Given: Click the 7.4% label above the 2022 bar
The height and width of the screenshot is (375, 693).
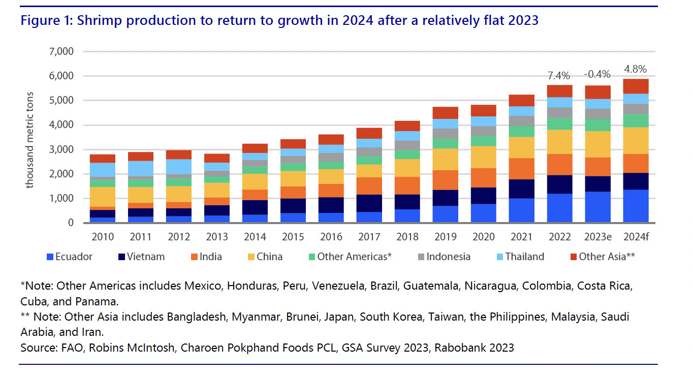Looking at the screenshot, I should (558, 76).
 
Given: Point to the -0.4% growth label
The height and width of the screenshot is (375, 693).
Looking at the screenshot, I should (597, 74).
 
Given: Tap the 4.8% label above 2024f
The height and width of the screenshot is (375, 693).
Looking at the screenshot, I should (636, 69).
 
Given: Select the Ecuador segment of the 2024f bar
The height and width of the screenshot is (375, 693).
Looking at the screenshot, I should (636, 206).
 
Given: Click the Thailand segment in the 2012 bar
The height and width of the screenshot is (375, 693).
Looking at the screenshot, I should (179, 167).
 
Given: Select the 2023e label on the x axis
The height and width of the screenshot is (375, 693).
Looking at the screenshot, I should (597, 237).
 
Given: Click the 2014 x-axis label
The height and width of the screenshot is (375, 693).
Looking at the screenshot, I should (255, 237).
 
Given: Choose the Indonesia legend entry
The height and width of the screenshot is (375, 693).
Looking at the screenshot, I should (448, 257).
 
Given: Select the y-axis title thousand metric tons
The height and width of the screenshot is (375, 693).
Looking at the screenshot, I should (30, 140).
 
